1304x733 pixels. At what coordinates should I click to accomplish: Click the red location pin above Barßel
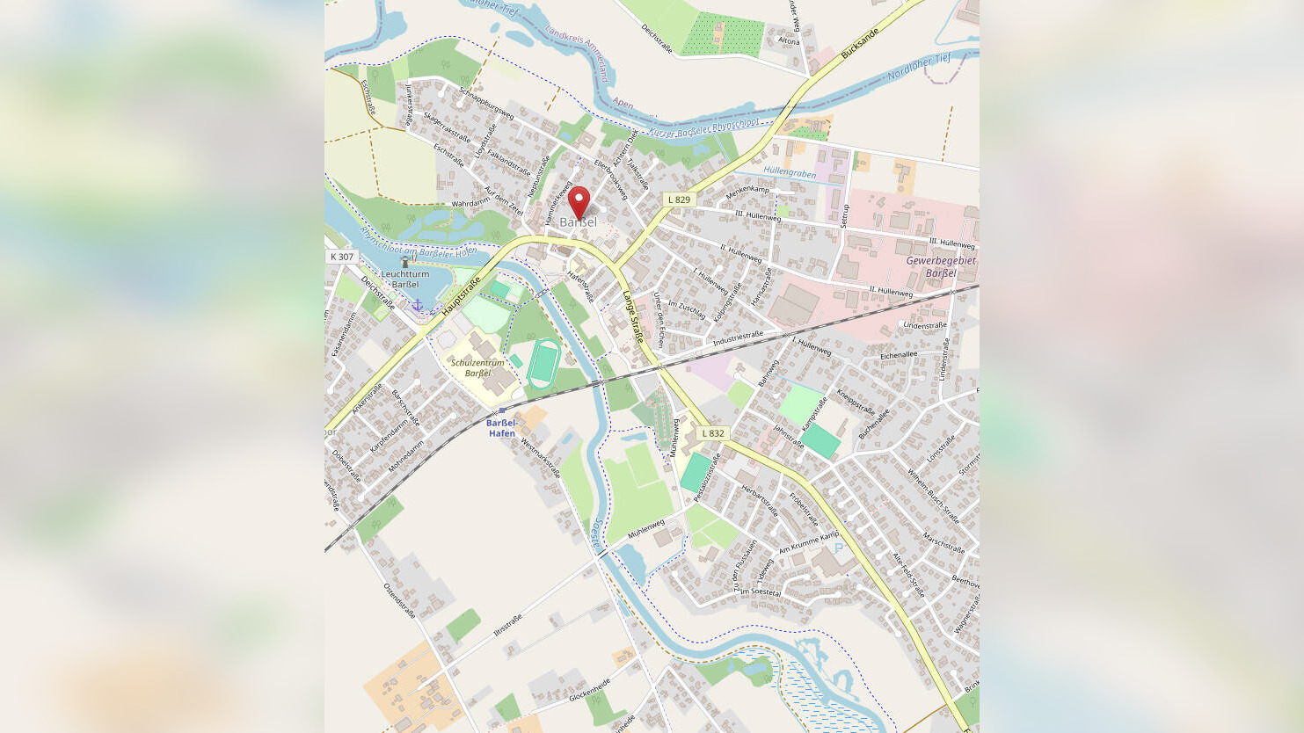(x=578, y=201)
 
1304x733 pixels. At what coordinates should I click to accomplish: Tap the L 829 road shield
(x=679, y=200)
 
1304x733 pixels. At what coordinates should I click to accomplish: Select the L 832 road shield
(x=713, y=433)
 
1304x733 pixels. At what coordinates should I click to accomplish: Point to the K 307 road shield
(x=341, y=257)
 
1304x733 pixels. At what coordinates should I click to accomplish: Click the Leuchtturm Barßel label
(x=405, y=279)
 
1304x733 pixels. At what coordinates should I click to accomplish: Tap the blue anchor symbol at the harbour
(x=418, y=305)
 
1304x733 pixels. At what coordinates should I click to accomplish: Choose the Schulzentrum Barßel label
(x=477, y=367)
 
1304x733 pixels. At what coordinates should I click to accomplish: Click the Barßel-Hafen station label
(x=502, y=428)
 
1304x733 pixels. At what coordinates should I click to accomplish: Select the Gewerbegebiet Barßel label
(x=941, y=266)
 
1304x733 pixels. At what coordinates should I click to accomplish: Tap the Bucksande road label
(x=859, y=43)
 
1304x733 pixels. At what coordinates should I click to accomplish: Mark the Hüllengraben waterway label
(x=790, y=173)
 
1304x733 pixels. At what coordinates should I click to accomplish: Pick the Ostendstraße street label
(x=399, y=600)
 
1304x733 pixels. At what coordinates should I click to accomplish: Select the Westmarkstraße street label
(x=541, y=457)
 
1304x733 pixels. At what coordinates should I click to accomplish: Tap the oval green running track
(x=544, y=362)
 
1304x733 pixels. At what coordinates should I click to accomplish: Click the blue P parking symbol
(x=838, y=548)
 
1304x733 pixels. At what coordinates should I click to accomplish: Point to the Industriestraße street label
(x=738, y=337)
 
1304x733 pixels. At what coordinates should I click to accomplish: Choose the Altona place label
(x=789, y=41)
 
